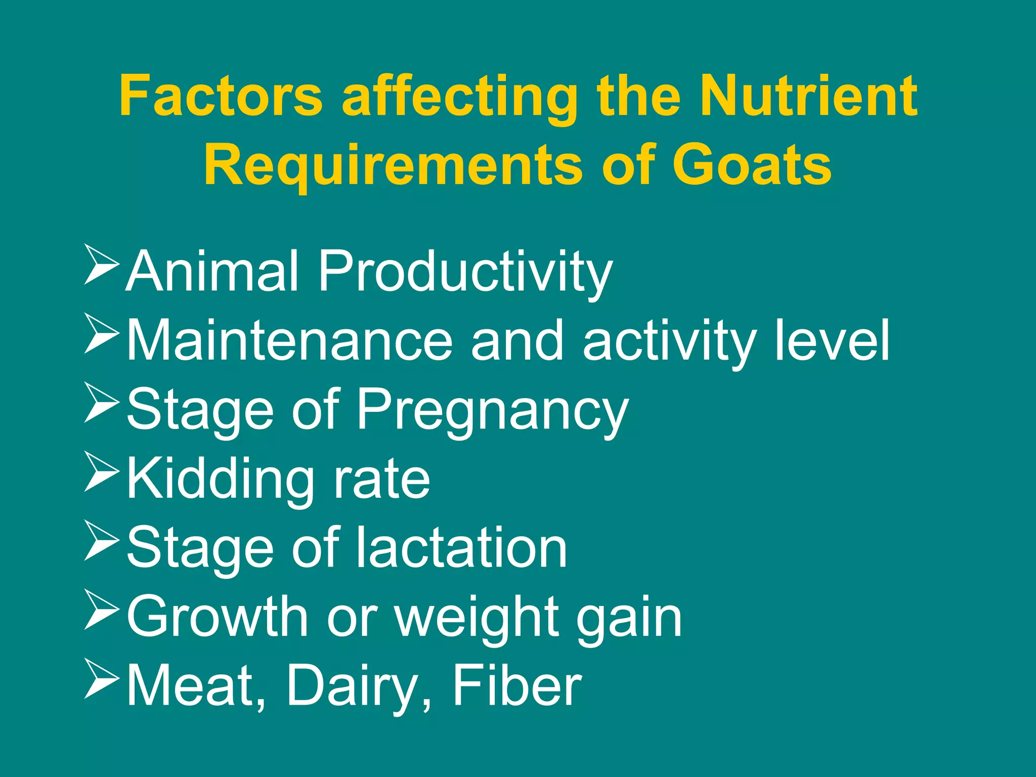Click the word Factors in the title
coord(221,96)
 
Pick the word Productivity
coord(465,273)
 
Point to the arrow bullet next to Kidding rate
coord(101,471)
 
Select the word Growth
coord(218,617)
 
